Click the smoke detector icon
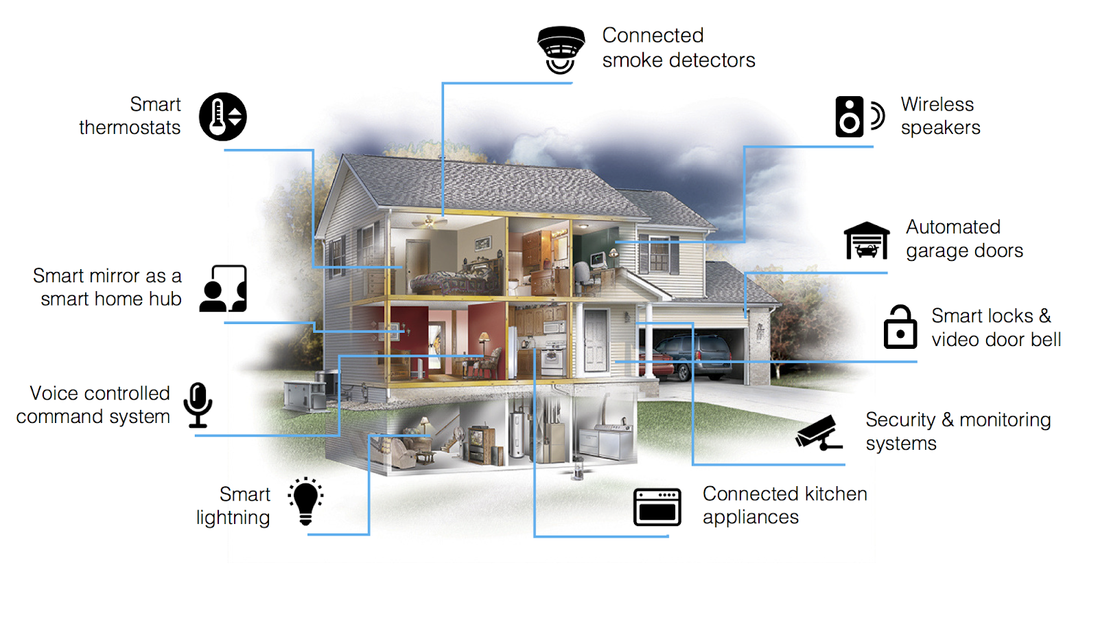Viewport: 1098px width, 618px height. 561,49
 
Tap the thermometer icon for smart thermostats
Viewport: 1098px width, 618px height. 222,117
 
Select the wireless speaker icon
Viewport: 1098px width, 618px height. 859,117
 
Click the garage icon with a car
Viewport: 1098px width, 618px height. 867,240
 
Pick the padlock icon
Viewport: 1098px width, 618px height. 900,327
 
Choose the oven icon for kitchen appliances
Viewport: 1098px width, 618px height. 657,507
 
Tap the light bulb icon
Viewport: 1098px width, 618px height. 305,501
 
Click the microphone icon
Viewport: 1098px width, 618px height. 198,405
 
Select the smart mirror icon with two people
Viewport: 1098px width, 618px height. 223,288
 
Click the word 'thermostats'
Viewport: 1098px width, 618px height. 130,128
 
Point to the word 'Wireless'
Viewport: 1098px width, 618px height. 937,104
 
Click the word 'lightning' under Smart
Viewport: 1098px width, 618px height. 233,518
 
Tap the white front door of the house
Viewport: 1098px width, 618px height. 596,341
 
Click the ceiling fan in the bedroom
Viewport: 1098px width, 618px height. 430,222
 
